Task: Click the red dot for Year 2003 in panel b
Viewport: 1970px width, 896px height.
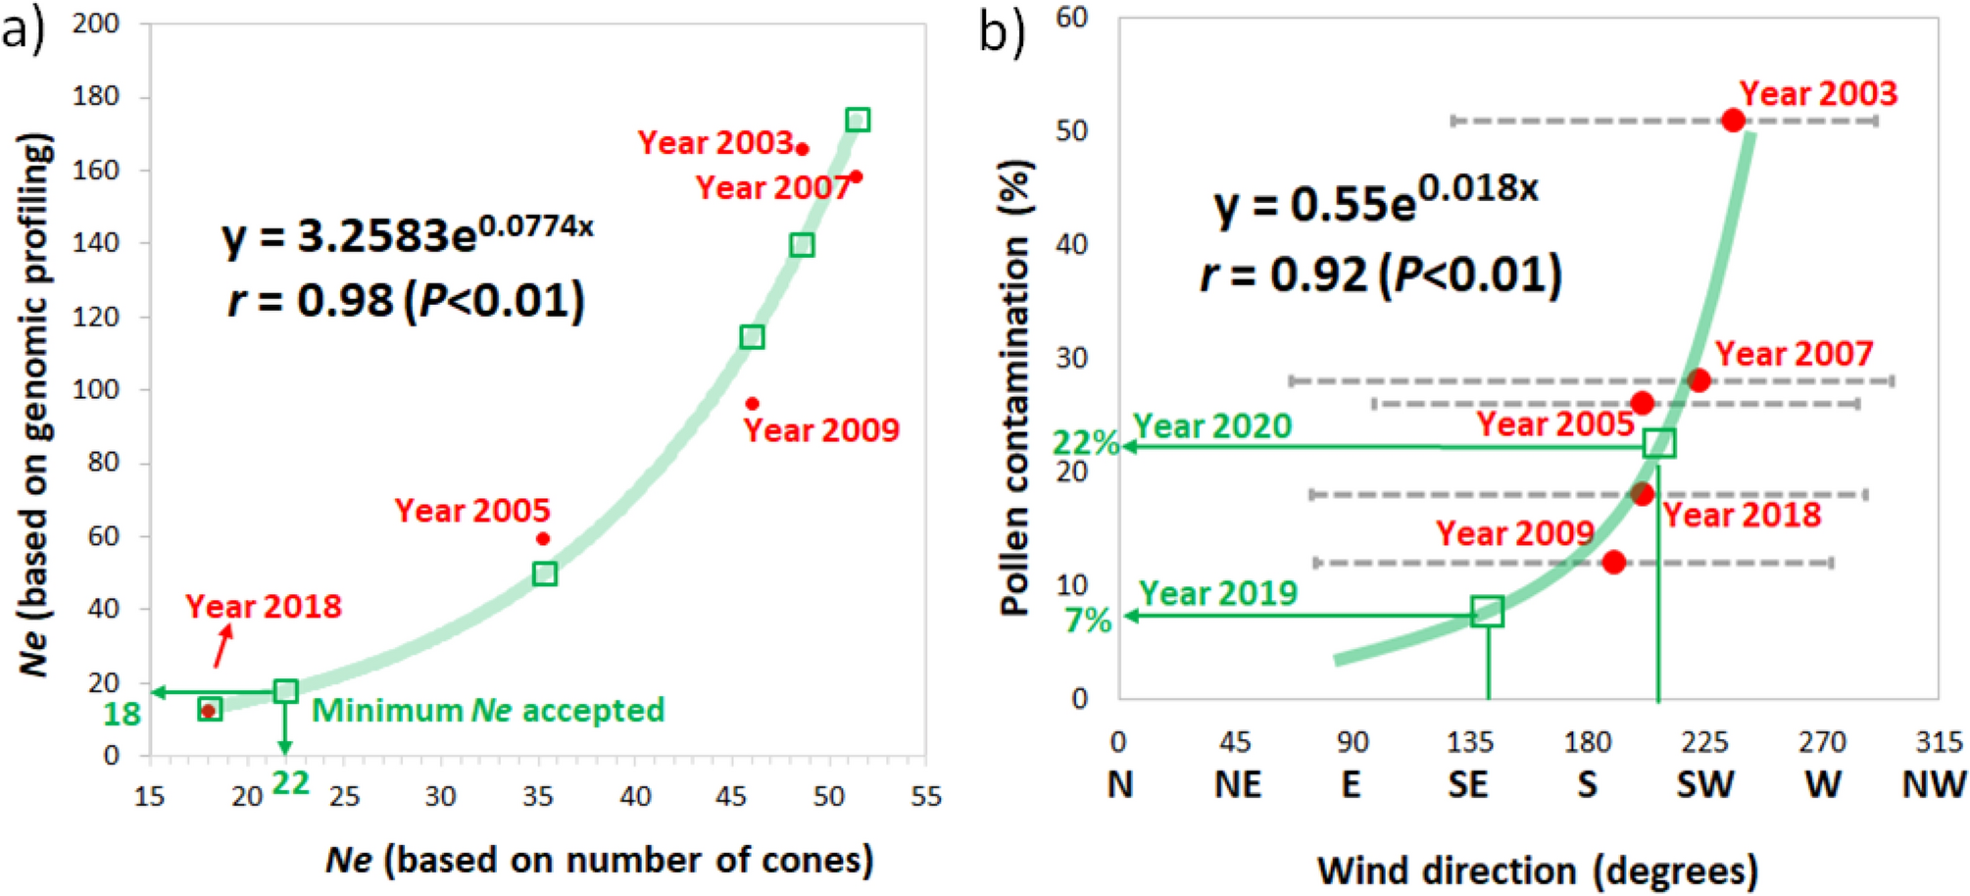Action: click(1733, 121)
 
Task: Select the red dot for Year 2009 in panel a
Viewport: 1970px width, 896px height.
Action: click(752, 404)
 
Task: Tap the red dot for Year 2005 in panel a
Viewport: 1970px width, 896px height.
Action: click(543, 538)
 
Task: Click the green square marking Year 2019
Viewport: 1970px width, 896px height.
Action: click(1488, 612)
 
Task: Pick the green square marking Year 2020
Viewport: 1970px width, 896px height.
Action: click(1659, 443)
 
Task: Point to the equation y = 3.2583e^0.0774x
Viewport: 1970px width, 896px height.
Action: click(407, 235)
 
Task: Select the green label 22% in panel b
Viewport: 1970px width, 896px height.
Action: click(1086, 443)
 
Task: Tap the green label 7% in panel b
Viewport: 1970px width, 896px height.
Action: click(1088, 621)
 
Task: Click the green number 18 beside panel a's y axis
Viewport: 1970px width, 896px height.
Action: click(123, 714)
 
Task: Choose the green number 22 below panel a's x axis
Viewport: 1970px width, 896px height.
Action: click(290, 782)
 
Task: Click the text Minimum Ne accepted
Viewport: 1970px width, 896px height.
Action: click(488, 710)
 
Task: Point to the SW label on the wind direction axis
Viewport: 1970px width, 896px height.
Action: click(1704, 784)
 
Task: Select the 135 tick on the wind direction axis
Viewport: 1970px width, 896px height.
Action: click(1469, 742)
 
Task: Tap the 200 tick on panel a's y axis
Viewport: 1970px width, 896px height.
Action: click(96, 23)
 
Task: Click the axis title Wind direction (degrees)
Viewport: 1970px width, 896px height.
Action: click(1537, 870)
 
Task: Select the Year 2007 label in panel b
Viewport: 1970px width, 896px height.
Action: click(1794, 353)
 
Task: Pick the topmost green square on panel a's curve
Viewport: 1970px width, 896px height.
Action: click(858, 120)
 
